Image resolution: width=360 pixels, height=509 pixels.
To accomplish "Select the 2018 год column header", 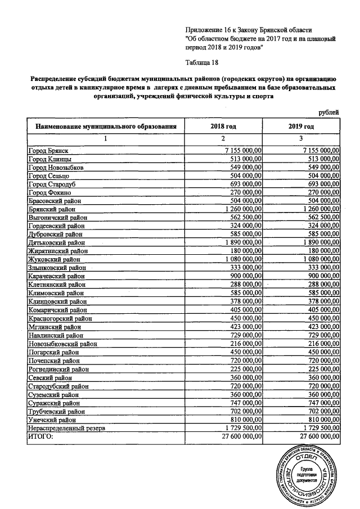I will click(223, 127).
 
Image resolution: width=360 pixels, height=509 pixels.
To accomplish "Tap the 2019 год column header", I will click(301, 127).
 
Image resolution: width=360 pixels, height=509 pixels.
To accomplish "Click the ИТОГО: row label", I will click(40, 436).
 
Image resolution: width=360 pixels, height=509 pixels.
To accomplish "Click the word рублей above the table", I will click(329, 113).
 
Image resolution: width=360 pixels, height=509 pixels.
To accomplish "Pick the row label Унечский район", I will click(51, 419).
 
